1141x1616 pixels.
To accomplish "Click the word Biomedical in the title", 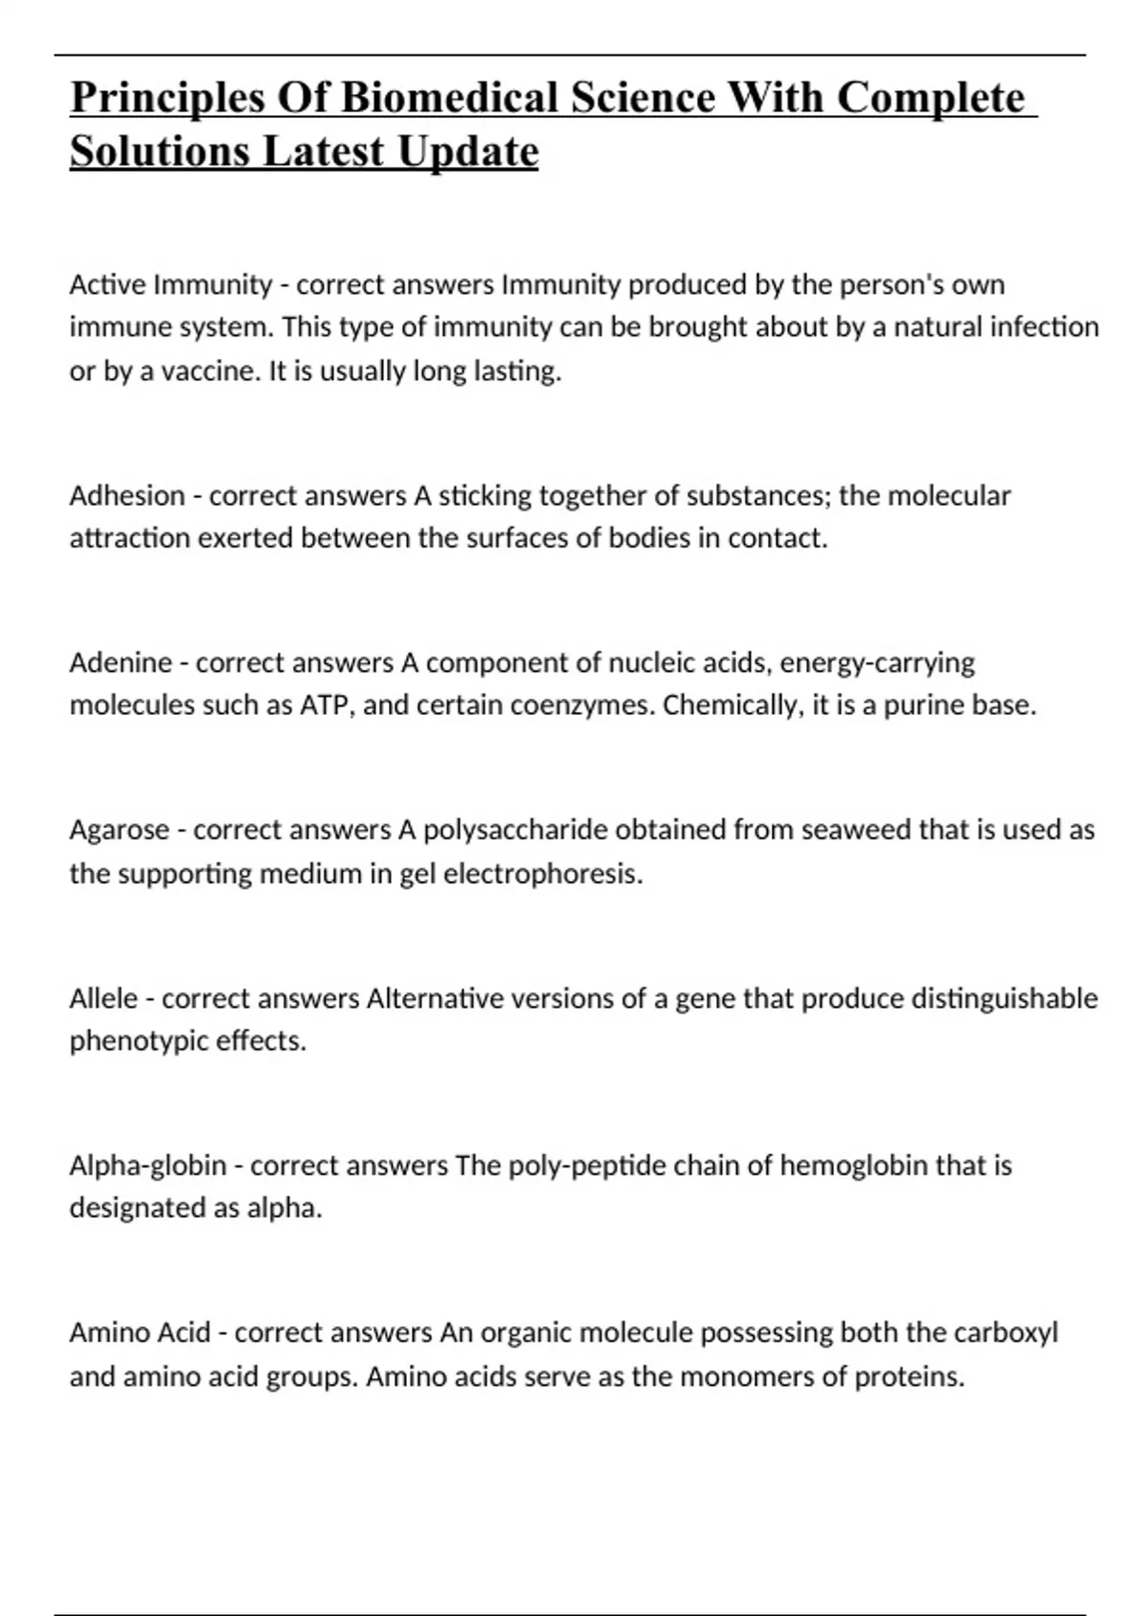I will coord(450,98).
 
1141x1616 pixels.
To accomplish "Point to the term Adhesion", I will coord(126,495).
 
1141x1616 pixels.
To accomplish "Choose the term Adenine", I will coord(121,663).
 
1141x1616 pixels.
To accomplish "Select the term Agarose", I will coord(120,830).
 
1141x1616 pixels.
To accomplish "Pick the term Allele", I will coord(104,998).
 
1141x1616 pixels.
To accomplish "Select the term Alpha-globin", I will coord(147,1165).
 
